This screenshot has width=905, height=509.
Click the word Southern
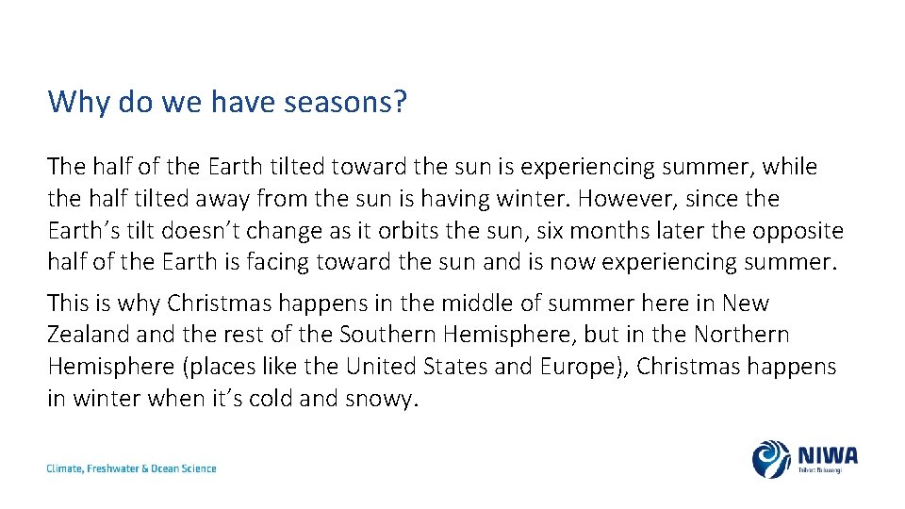click(384, 335)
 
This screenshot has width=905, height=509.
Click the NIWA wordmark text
click(828, 456)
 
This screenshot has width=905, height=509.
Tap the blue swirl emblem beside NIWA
click(771, 459)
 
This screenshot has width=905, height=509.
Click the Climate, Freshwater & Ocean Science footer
click(132, 468)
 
